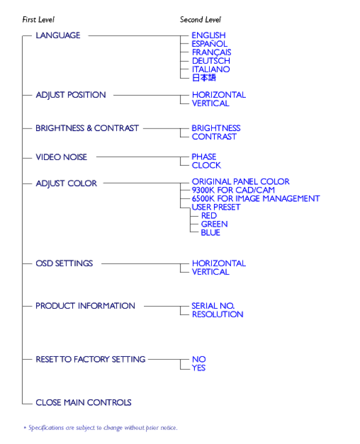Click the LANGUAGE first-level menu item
click(x=58, y=36)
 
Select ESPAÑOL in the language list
click(x=209, y=44)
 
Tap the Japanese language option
click(x=204, y=78)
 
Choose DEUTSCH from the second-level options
click(x=211, y=61)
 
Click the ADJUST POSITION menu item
click(x=71, y=95)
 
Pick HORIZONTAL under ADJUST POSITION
click(x=219, y=95)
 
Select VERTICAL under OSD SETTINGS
click(x=211, y=272)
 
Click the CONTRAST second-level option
click(x=214, y=137)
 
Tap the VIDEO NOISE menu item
click(x=62, y=157)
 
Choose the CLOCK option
click(x=207, y=165)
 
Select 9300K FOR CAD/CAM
click(x=233, y=190)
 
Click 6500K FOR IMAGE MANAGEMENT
click(x=256, y=199)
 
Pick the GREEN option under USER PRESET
click(x=214, y=224)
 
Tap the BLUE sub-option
click(x=210, y=233)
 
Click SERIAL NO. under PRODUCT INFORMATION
click(x=213, y=306)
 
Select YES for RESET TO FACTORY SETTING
click(x=199, y=368)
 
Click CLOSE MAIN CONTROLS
click(x=83, y=403)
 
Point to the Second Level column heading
click(x=200, y=20)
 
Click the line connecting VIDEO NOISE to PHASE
click(x=143, y=157)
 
